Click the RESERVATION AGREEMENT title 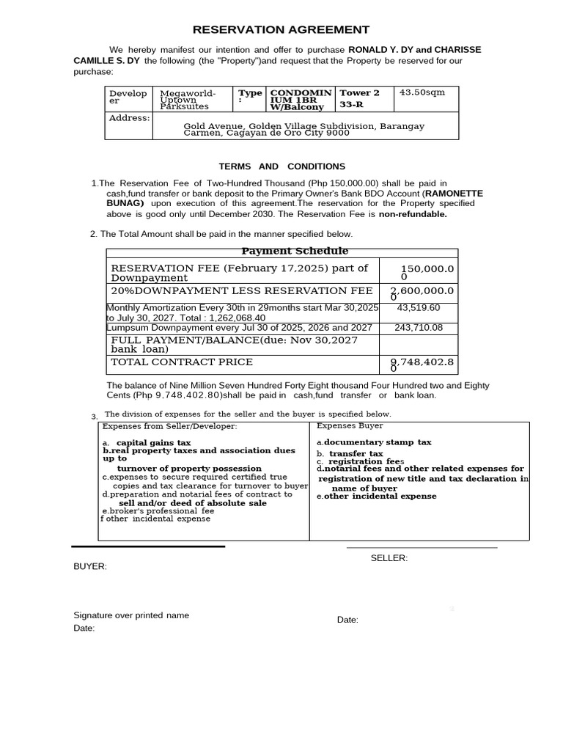point(281,30)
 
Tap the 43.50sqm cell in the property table point(422,93)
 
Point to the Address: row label point(129,118)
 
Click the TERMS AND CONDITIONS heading point(282,166)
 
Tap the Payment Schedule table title point(295,252)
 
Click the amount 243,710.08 point(419,327)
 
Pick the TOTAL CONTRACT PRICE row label point(182,362)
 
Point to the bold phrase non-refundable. point(412,214)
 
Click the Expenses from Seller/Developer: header point(169,426)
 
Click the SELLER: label point(389,558)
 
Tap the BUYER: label point(90,567)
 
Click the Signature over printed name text point(131,615)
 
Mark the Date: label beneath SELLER point(347,620)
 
